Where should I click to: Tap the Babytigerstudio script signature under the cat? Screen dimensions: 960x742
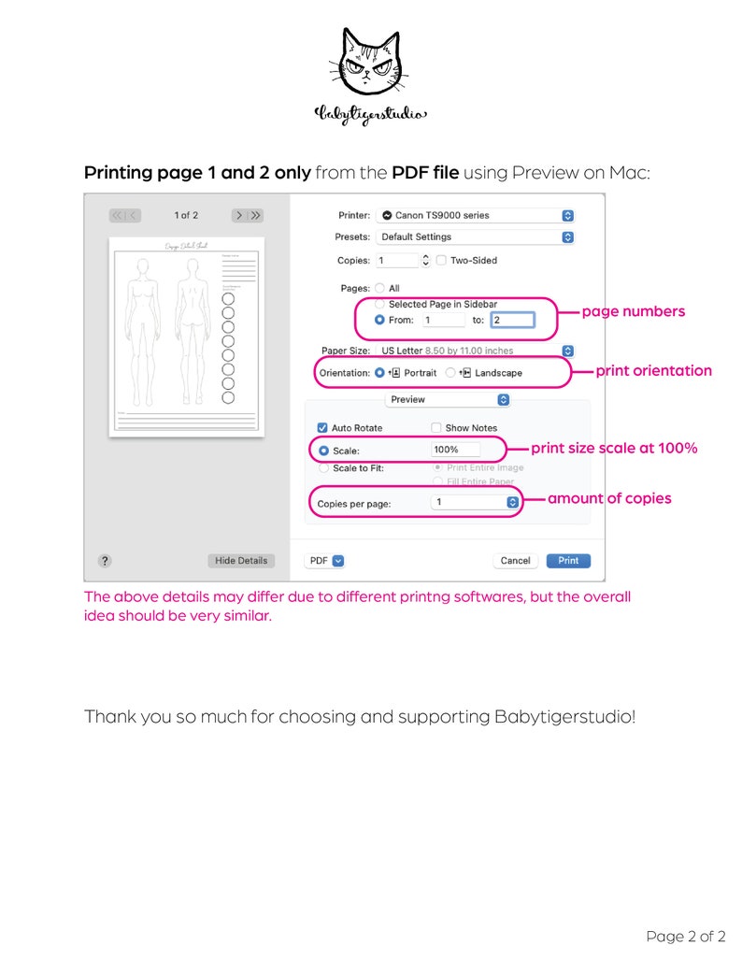(x=370, y=114)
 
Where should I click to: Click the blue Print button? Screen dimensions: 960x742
(x=568, y=561)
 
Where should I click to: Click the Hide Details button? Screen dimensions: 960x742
(x=241, y=561)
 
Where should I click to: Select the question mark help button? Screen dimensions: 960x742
(x=105, y=561)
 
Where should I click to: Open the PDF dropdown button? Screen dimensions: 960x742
(x=325, y=561)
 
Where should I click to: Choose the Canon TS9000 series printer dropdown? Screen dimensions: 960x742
(x=477, y=215)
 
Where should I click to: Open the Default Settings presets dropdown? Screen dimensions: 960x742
(x=477, y=237)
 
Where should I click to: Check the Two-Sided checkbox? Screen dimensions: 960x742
(x=442, y=261)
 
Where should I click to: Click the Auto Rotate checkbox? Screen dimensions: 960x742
(x=322, y=428)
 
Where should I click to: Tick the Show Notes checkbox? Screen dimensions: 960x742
(x=435, y=428)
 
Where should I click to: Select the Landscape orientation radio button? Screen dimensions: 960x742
(x=450, y=372)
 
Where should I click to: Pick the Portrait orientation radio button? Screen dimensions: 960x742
(x=379, y=372)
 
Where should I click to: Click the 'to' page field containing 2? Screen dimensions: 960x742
(x=511, y=320)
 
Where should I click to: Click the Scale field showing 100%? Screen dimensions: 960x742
(x=455, y=450)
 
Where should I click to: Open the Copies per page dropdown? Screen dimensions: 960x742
(x=475, y=502)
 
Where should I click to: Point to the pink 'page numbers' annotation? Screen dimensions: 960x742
(x=633, y=311)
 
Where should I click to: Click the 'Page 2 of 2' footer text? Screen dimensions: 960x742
(x=685, y=936)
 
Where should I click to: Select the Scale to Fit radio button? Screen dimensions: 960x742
(x=324, y=468)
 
